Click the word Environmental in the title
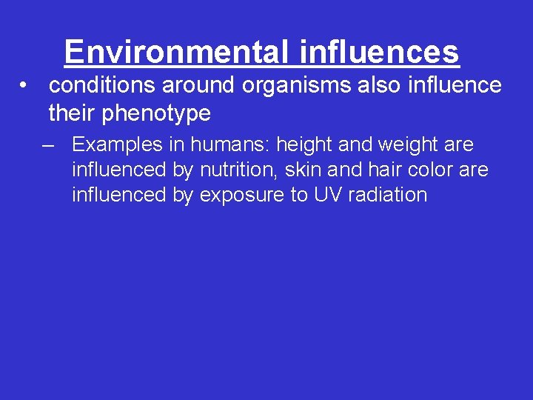(x=178, y=52)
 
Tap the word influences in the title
(x=380, y=52)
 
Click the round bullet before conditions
(x=25, y=85)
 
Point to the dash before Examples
(x=49, y=144)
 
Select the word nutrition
(x=236, y=170)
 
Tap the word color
(x=430, y=170)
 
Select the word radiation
(x=390, y=195)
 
